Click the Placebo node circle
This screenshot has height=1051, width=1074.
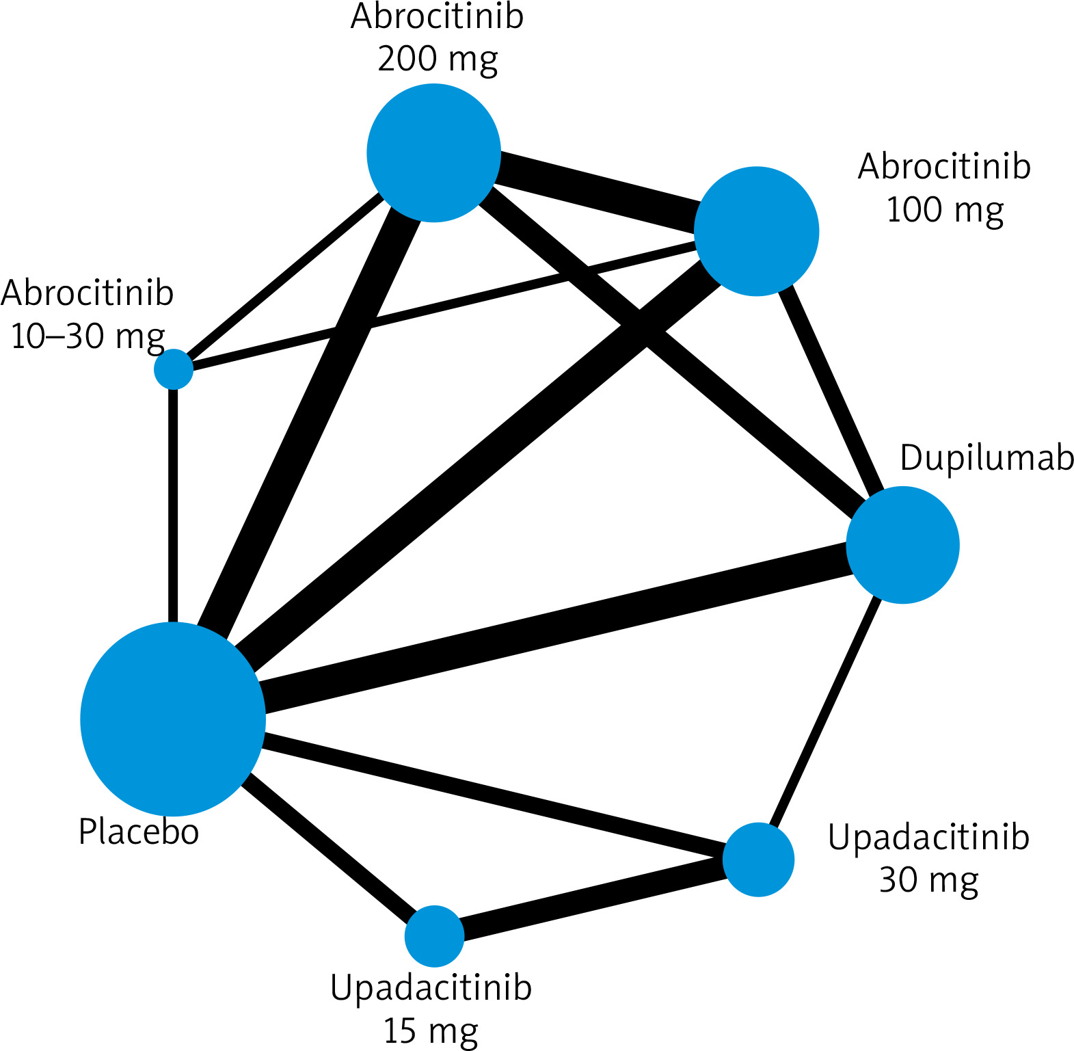tap(173, 719)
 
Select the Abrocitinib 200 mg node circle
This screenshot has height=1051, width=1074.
tap(434, 153)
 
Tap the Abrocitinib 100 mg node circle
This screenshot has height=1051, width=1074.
tap(756, 231)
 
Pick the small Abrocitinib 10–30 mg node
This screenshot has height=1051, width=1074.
tap(174, 369)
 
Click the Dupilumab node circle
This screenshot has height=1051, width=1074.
tap(902, 545)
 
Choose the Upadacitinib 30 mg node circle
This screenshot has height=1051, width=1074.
tap(758, 860)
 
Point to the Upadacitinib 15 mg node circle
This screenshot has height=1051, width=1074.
tap(434, 936)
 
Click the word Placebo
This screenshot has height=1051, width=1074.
tap(139, 832)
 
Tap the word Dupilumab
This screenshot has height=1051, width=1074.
tap(986, 457)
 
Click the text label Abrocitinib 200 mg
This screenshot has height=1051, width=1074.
tap(437, 38)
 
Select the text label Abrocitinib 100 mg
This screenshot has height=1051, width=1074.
tap(944, 188)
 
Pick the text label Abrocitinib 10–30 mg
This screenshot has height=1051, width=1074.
tap(88, 315)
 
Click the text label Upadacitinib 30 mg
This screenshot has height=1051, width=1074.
tap(928, 858)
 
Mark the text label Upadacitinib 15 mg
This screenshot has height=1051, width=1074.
tap(431, 1009)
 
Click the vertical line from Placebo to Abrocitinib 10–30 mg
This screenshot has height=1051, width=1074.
tap(173, 506)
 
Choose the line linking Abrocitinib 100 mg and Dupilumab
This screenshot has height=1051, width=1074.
tap(831, 390)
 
